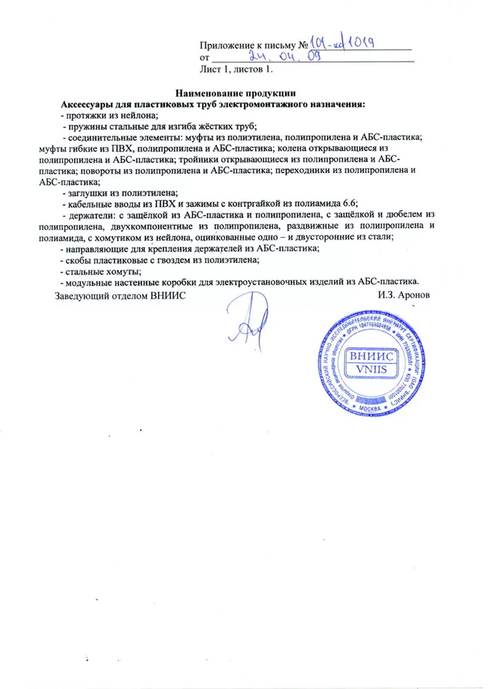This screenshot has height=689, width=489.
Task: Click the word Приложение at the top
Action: coord(225,45)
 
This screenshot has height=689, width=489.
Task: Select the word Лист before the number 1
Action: coord(210,70)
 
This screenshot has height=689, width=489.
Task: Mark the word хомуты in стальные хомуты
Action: coord(119,271)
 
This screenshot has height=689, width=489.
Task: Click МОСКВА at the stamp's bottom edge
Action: coord(372,411)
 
